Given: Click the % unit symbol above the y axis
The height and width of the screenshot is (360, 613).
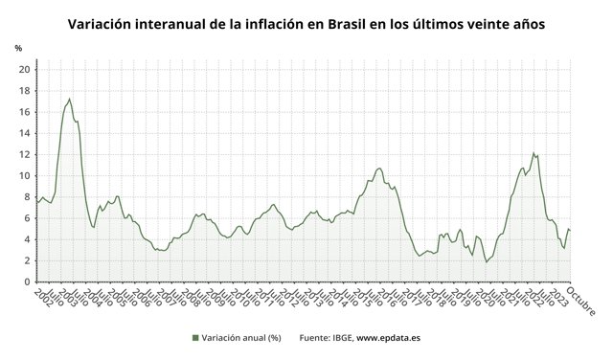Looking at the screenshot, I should point(18,48).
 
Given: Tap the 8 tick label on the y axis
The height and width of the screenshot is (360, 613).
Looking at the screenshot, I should point(25,197).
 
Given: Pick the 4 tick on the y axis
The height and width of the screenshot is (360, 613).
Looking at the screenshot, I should point(25,239).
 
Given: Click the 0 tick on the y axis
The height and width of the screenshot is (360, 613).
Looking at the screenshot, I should point(25,282).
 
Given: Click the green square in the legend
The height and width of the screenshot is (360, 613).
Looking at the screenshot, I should point(195,338).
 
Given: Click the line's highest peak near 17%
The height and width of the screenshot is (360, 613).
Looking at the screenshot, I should point(69,99).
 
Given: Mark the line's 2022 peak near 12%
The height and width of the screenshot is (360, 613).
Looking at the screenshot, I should point(534,152).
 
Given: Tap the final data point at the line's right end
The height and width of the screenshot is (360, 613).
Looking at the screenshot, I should point(571,230).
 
